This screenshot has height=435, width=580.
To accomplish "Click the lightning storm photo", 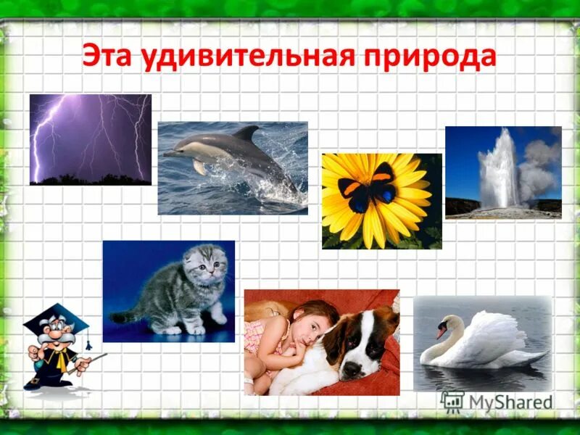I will (91, 139).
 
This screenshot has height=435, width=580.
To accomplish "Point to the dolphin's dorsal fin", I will (246, 134).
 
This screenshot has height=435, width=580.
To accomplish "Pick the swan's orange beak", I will (441, 333).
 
